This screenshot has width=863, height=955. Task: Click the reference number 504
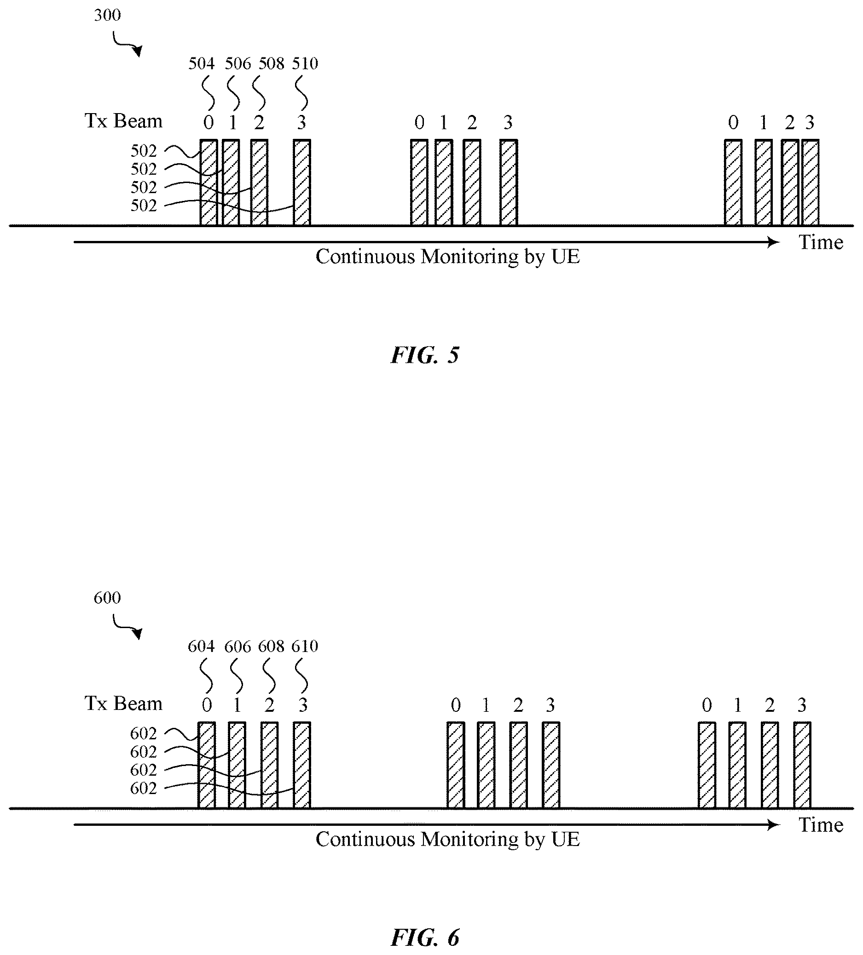(x=202, y=63)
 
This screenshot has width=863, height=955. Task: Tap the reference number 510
(x=305, y=63)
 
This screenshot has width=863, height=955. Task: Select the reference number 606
(x=237, y=646)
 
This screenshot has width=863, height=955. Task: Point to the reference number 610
(x=305, y=646)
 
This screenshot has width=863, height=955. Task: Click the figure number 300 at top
(x=107, y=15)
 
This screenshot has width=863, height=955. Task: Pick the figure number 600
(x=107, y=598)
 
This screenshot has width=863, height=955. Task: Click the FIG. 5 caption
(x=425, y=355)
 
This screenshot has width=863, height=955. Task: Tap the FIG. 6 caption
(x=425, y=938)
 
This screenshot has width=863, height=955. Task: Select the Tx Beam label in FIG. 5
(x=123, y=121)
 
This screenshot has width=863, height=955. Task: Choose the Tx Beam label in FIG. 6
(x=123, y=704)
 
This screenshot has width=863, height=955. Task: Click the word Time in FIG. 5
(x=821, y=242)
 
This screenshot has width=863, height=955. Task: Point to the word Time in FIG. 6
(x=821, y=825)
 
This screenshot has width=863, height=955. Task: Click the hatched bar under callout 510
(x=302, y=183)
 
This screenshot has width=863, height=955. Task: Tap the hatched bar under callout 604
(x=207, y=765)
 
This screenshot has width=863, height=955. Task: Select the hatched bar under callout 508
(x=260, y=183)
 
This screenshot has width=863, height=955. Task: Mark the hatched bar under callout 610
(x=302, y=765)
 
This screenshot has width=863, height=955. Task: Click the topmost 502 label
(x=144, y=151)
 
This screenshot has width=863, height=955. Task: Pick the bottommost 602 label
(x=144, y=788)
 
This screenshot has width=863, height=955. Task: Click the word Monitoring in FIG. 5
(x=470, y=257)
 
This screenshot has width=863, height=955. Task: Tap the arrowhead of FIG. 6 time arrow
(x=774, y=825)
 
